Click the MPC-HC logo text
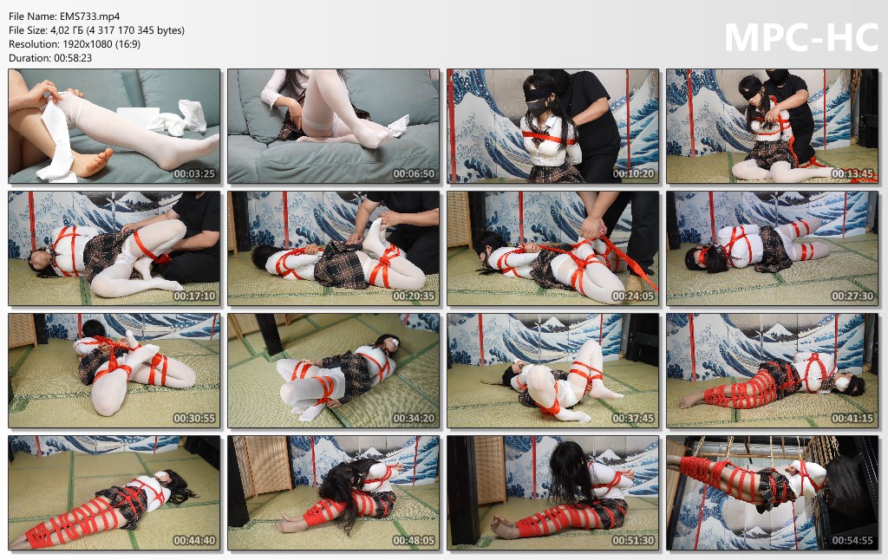[801, 38]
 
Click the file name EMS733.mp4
[89, 16]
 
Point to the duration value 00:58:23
[73, 58]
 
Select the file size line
[97, 30]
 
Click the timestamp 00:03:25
[194, 174]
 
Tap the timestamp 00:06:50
[414, 174]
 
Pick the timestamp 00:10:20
[633, 174]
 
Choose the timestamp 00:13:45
[852, 174]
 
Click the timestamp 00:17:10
[194, 296]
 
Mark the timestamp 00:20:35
[414, 296]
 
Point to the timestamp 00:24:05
[633, 296]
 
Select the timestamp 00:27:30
[852, 296]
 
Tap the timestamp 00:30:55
[194, 419]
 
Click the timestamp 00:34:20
[414, 419]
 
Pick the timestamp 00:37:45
[633, 419]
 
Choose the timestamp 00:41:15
[852, 419]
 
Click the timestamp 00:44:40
[194, 541]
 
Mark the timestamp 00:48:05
[414, 541]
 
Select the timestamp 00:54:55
[852, 541]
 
